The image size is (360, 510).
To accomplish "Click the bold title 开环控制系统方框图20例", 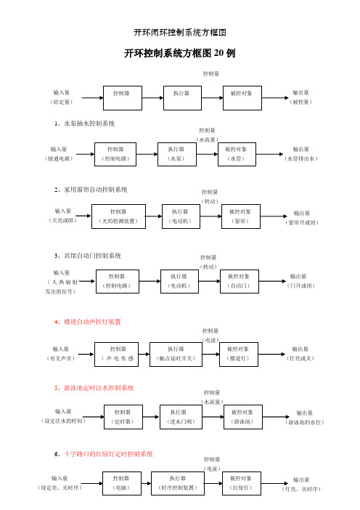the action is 180,53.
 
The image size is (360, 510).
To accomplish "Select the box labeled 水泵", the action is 177,154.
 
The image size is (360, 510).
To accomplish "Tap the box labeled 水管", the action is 237,154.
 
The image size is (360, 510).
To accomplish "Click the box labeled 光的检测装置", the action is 118,216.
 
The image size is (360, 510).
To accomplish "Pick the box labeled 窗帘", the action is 241,216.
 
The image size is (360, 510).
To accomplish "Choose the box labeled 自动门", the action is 240,281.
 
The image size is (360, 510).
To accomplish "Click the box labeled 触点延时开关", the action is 176,355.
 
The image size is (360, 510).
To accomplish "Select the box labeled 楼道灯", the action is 239,355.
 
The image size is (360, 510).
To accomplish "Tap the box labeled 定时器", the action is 123,417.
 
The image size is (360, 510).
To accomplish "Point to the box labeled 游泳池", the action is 243,417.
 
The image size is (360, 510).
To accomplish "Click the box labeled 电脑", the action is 122,483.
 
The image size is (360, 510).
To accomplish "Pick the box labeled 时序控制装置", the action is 178,483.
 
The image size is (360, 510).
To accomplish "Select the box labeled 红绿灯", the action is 242,483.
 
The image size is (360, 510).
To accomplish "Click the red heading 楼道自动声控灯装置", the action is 88,322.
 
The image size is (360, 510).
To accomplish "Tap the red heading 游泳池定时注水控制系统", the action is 94,388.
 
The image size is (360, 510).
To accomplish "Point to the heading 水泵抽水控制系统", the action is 84,124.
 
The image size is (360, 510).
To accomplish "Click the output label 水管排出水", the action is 301,158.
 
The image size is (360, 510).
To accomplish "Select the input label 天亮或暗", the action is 62,220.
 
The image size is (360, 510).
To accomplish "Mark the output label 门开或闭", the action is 300,286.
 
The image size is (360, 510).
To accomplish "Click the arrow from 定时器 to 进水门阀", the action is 151,417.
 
